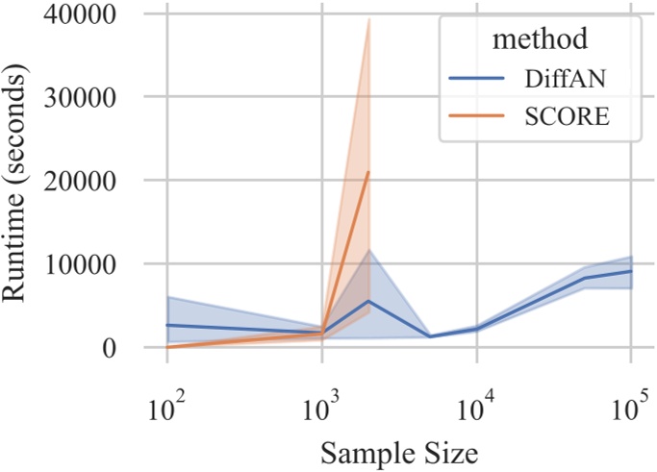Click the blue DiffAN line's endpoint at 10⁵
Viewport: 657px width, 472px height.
[x=631, y=271]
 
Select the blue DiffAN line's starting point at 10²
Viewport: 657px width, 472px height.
[x=167, y=325]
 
